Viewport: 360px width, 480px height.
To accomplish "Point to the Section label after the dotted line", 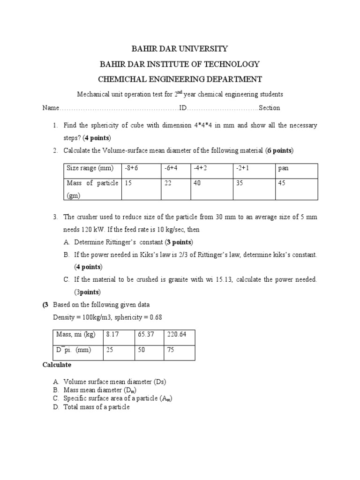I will [270, 108].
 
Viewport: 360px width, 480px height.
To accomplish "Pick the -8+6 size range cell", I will [131, 168].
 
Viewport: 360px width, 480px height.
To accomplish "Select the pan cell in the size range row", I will [283, 168].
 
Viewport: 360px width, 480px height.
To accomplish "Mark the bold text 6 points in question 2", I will [279, 150].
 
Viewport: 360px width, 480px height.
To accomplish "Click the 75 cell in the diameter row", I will [171, 350].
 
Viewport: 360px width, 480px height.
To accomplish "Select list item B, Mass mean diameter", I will [101, 390].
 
